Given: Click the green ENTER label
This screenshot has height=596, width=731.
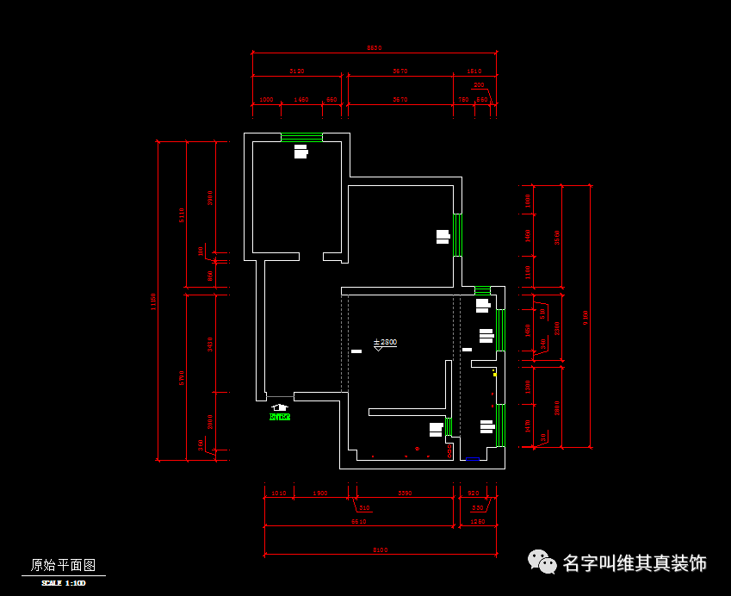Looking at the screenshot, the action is click(280, 417).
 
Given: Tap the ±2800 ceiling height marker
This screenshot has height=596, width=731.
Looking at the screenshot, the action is click(385, 342).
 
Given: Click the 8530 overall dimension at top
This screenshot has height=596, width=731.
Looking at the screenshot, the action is click(374, 48).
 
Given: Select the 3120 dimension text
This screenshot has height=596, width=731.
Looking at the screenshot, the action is click(297, 71).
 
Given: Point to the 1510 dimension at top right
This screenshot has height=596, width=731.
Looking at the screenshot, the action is click(474, 71).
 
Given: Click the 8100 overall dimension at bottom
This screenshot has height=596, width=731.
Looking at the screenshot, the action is click(380, 549).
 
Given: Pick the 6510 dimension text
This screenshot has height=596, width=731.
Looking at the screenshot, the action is click(358, 521).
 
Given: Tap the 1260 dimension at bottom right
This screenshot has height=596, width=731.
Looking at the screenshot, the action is click(478, 521).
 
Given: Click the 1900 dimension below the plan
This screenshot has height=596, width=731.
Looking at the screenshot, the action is click(319, 494).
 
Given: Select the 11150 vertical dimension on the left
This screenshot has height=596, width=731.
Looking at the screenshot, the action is click(153, 301).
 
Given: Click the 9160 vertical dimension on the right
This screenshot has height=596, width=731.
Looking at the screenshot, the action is click(586, 317).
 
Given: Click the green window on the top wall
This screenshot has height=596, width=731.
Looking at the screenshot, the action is click(301, 136).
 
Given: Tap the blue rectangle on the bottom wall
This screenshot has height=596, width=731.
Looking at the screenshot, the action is click(473, 460).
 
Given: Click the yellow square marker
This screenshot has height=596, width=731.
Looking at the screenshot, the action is click(494, 375).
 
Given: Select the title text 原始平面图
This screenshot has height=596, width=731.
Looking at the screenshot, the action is click(64, 565).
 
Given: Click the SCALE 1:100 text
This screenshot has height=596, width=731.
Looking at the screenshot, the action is click(64, 583).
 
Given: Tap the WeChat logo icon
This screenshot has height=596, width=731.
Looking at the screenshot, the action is click(542, 562).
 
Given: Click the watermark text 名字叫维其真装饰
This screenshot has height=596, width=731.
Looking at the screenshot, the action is click(635, 563).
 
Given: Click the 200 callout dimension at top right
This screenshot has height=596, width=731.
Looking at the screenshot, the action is click(479, 85).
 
